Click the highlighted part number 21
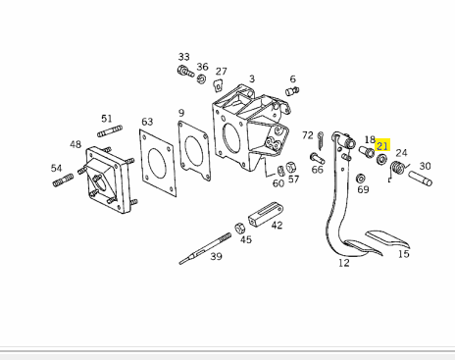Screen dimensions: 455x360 tap(382, 145)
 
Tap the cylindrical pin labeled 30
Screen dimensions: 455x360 tap(421, 179)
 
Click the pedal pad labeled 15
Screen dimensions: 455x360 tap(388, 239)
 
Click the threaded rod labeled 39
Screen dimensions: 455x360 tap(205, 248)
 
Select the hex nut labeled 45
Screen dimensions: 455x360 tap(239, 228)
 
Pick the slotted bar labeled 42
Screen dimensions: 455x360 tap(266, 214)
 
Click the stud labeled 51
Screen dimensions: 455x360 tap(110, 130)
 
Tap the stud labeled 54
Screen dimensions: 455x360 tap(63, 180)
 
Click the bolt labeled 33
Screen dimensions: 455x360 tap(185, 72)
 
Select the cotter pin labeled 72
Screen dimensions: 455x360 tap(321, 140)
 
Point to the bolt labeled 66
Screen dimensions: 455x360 tap(317, 158)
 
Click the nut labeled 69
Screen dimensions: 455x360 tap(361, 179)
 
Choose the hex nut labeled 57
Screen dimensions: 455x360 tap(291, 168)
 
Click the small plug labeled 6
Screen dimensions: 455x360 tap(292, 91)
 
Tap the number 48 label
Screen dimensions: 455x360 tap(76, 144)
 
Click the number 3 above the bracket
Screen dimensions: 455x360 tap(252, 78)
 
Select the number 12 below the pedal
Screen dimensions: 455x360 tap(344, 263)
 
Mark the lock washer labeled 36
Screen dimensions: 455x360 tap(201, 78)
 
